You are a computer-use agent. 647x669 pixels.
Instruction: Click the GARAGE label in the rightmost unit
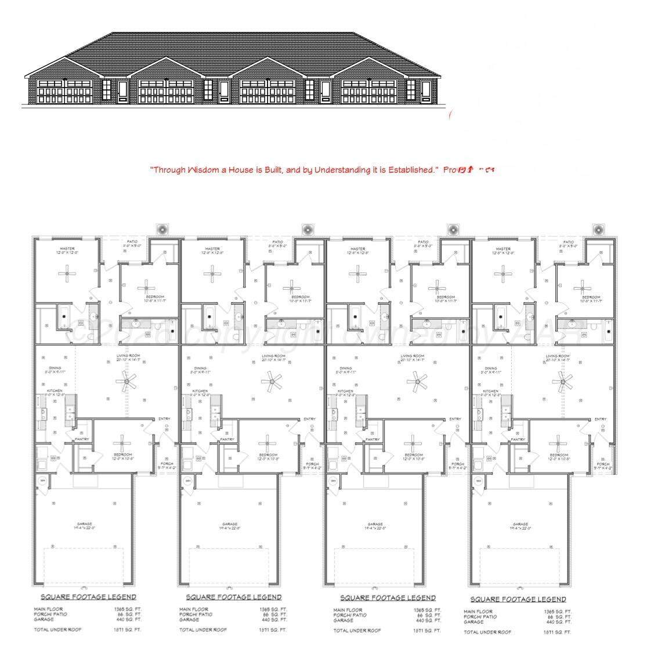pyautogui.click(x=521, y=524)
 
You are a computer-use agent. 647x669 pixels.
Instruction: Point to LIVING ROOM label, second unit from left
pyautogui.click(x=274, y=356)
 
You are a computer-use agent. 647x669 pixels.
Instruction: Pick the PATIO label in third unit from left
pyautogui.click(x=423, y=242)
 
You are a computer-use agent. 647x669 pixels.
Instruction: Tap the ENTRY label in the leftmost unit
pyautogui.click(x=164, y=419)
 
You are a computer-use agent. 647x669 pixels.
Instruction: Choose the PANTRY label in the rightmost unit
pyautogui.click(x=518, y=439)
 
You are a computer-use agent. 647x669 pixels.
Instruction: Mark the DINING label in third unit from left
pyautogui.click(x=346, y=368)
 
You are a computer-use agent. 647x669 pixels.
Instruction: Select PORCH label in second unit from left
pyautogui.click(x=312, y=464)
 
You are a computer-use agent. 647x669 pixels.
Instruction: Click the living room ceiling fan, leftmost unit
pyautogui.click(x=126, y=381)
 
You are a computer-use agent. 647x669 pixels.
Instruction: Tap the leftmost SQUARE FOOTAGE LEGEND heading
pyautogui.click(x=88, y=597)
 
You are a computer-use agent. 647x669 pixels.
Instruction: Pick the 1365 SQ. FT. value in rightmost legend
pyautogui.click(x=558, y=612)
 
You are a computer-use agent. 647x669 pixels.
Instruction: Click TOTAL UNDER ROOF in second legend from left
pyautogui.click(x=203, y=629)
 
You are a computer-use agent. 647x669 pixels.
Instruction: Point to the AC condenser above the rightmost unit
pyautogui.click(x=598, y=230)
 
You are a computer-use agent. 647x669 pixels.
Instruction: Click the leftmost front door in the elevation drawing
pyautogui.click(x=122, y=92)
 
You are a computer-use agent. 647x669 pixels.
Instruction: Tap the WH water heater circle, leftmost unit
pyautogui.click(x=42, y=481)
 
